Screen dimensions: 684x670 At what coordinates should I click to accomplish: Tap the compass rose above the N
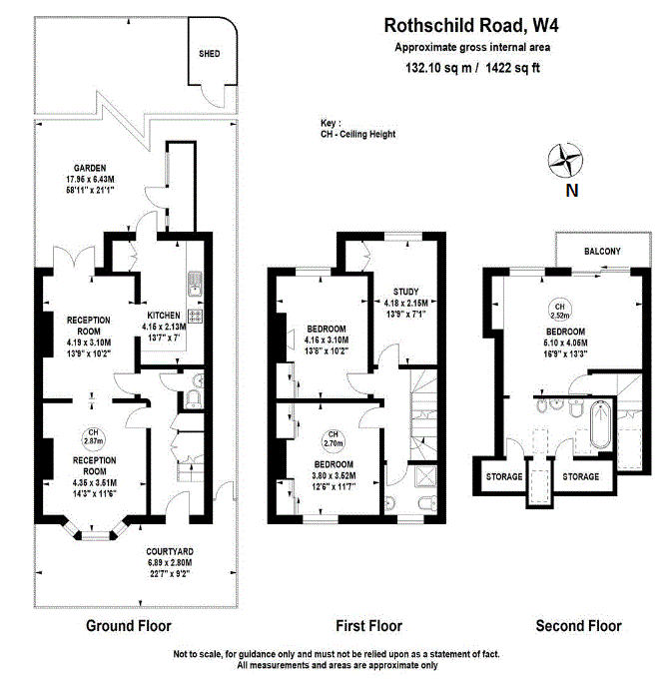pos(567,160)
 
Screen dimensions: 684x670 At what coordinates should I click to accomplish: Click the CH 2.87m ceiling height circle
pos(91,436)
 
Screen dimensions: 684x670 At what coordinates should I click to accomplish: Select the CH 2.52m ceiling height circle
pos(560,309)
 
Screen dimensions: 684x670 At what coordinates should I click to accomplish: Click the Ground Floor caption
pos(130,626)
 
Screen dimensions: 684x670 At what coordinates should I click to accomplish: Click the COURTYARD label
pos(169,551)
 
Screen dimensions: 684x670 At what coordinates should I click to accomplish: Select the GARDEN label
pos(89,168)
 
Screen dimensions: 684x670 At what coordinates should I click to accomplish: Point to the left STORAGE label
pos(504,477)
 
